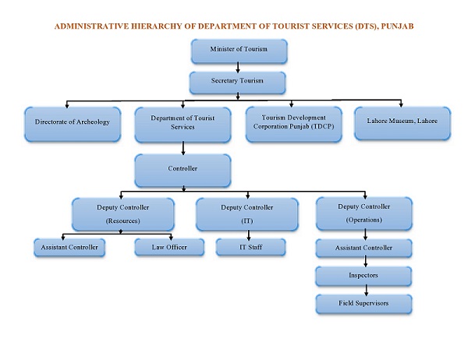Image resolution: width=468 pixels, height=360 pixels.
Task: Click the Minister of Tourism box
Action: click(239, 50)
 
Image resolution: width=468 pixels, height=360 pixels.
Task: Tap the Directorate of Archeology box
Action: click(73, 123)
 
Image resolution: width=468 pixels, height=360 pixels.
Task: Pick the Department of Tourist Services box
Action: click(183, 123)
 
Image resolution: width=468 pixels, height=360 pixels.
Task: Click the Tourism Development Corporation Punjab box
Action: click(293, 123)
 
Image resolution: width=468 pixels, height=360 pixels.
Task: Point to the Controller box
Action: click(183, 168)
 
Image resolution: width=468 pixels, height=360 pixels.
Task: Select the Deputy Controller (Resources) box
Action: click(122, 214)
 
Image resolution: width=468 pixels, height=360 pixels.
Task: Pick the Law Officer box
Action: click(165, 248)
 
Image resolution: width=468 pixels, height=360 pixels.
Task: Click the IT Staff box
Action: click(251, 248)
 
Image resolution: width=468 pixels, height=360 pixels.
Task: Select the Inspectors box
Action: click(364, 276)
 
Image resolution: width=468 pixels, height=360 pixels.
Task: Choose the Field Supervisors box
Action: click(364, 302)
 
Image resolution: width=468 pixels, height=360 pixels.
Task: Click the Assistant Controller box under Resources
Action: click(66, 248)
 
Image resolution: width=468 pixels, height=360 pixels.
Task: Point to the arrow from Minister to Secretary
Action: click(237, 67)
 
